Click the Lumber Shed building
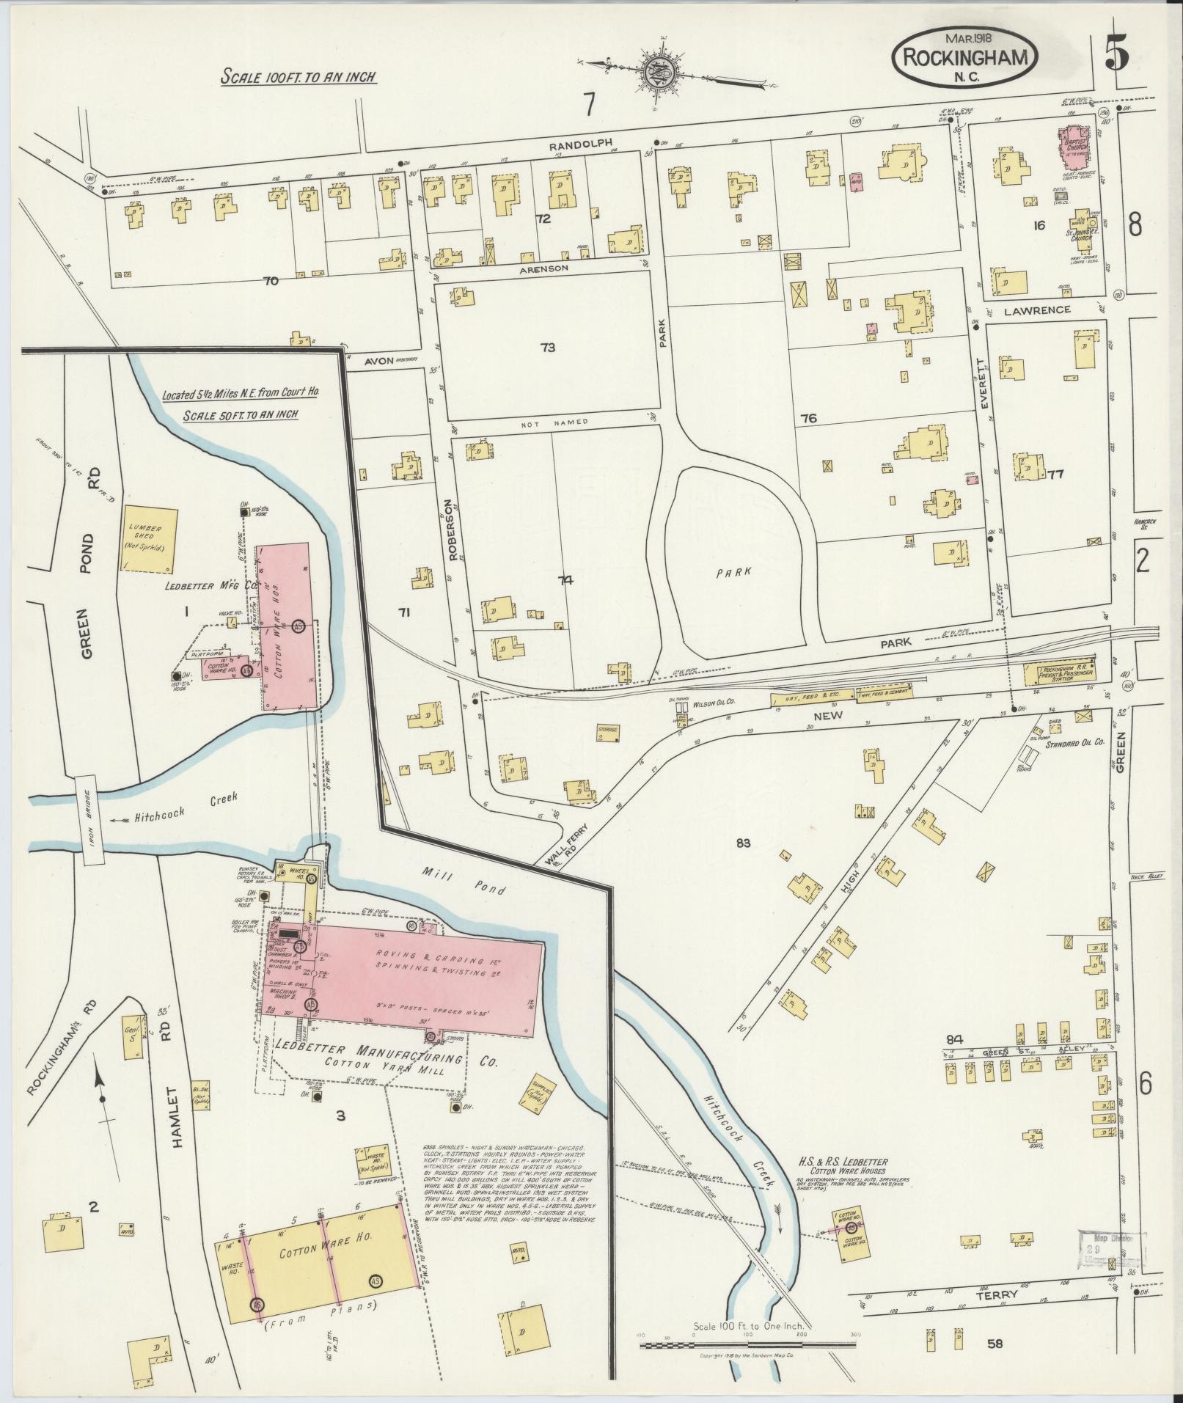click(x=150, y=538)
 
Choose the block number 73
click(x=546, y=348)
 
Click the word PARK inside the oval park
click(x=734, y=573)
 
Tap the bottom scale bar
click(x=747, y=1346)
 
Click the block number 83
click(x=744, y=843)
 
